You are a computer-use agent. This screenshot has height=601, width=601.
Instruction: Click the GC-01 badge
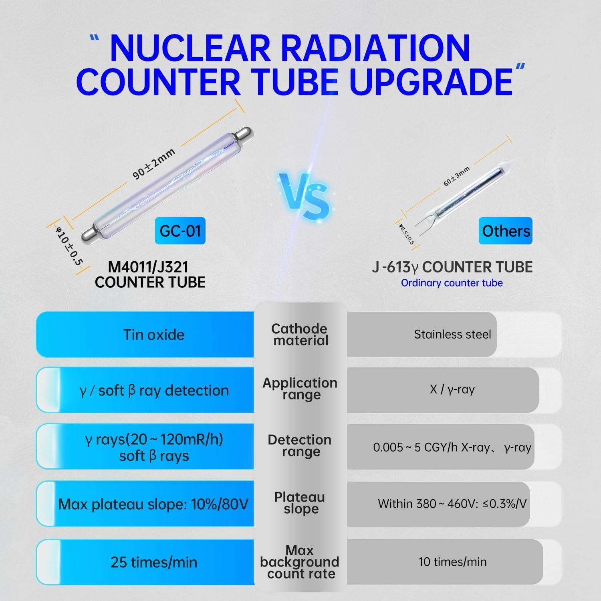coord(180,231)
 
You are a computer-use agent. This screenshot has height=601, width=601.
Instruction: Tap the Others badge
coord(506,231)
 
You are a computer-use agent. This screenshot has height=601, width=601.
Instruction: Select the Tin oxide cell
coord(153,335)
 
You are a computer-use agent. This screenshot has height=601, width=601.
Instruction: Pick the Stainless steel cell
coord(452,334)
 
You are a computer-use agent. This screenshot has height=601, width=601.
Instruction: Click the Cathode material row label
coord(300,335)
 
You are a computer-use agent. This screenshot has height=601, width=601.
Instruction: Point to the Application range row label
coord(300,389)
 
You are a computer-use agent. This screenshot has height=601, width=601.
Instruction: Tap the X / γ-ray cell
coord(452,389)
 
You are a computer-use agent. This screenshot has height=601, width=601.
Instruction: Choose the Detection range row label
coord(300,446)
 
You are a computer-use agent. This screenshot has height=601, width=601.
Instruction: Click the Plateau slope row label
coord(300,503)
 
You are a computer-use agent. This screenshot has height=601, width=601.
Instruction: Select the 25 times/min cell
coord(154,562)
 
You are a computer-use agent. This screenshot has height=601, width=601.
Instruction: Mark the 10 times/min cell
coord(452,562)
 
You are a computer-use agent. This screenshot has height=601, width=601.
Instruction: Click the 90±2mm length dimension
coord(154,164)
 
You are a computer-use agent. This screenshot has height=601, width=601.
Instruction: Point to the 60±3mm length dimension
coord(456,177)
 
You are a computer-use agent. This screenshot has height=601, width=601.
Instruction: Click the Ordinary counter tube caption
coord(452,283)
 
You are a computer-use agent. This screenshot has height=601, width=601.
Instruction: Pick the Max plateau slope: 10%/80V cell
coord(153,504)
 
